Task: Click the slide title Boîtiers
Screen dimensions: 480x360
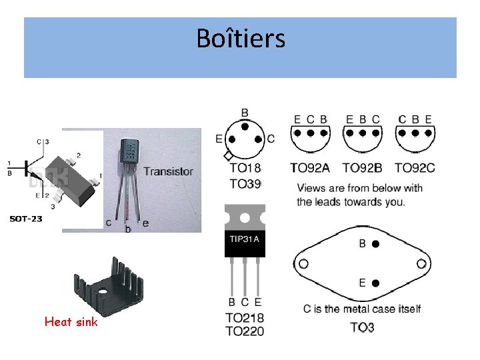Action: point(241,38)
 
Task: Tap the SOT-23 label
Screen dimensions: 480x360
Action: point(26,219)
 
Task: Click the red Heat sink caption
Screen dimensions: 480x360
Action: point(71,322)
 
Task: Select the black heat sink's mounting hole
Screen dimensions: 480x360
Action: point(103,291)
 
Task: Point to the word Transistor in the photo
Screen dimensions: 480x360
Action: point(169,171)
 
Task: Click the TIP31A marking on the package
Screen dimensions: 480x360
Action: point(245,239)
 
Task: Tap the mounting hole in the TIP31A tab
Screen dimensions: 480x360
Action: point(245,218)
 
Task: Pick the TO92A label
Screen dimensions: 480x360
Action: point(310,168)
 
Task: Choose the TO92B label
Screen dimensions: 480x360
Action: point(363,168)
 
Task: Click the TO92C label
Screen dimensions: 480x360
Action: point(415,168)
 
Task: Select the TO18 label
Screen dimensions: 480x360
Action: point(245,168)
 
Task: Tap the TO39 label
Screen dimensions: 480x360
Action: point(245,184)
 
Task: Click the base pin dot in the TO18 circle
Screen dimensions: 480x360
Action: point(245,127)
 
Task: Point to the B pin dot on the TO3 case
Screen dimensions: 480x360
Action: point(375,244)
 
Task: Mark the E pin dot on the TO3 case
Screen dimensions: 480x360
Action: point(375,283)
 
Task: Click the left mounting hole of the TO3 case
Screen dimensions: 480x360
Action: point(303,263)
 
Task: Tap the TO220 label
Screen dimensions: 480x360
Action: point(245,331)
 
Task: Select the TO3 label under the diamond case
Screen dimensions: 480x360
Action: point(362,327)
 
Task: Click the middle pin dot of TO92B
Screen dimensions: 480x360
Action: point(363,133)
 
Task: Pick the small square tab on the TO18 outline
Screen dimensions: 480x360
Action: point(228,156)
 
